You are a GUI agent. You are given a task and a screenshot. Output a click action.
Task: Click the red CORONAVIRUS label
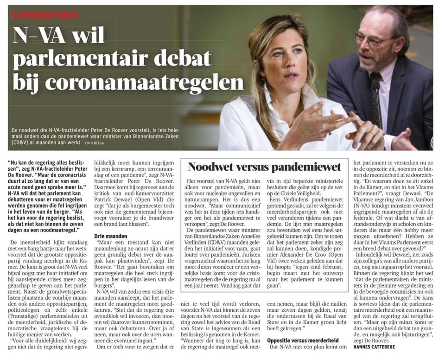pos(45,15)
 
